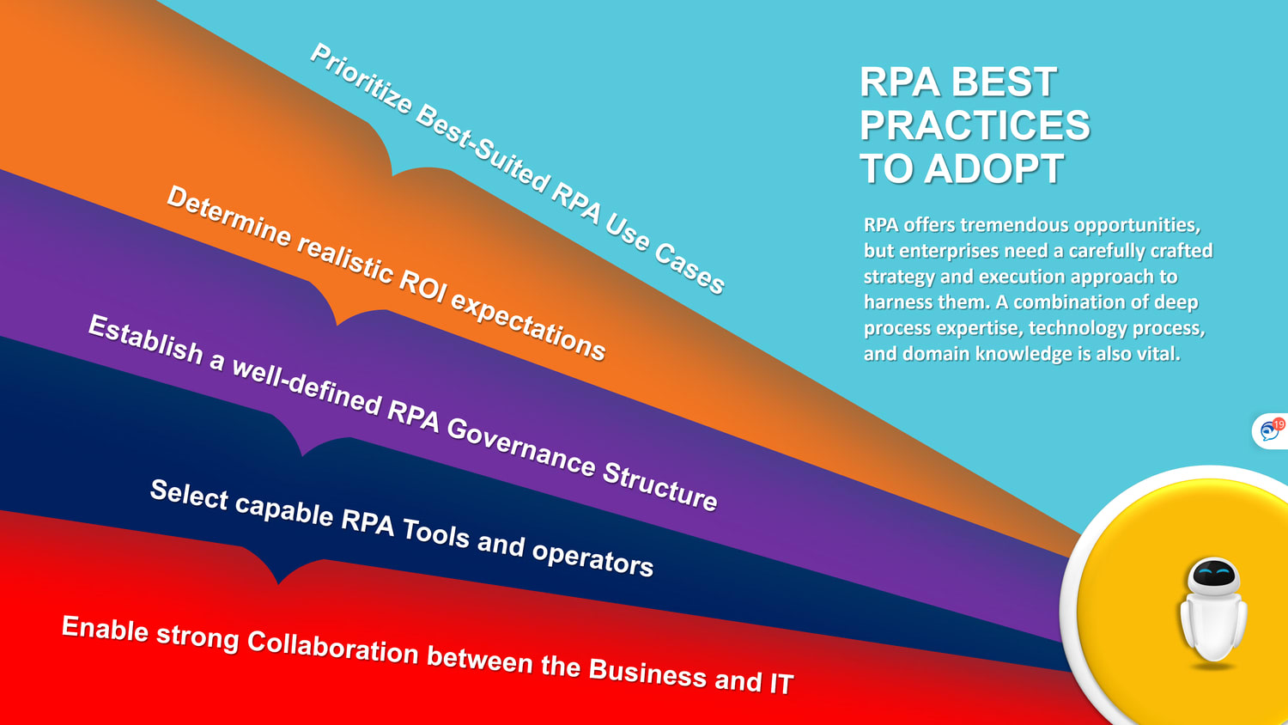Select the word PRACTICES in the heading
pos(975,125)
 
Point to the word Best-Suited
pos(482,151)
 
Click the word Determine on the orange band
pos(228,216)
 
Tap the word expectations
pos(528,325)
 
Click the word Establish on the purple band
pos(146,338)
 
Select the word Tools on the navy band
pos(436,532)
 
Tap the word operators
pos(592,557)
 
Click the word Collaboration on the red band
pos(332,646)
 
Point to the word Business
pos(647,672)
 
